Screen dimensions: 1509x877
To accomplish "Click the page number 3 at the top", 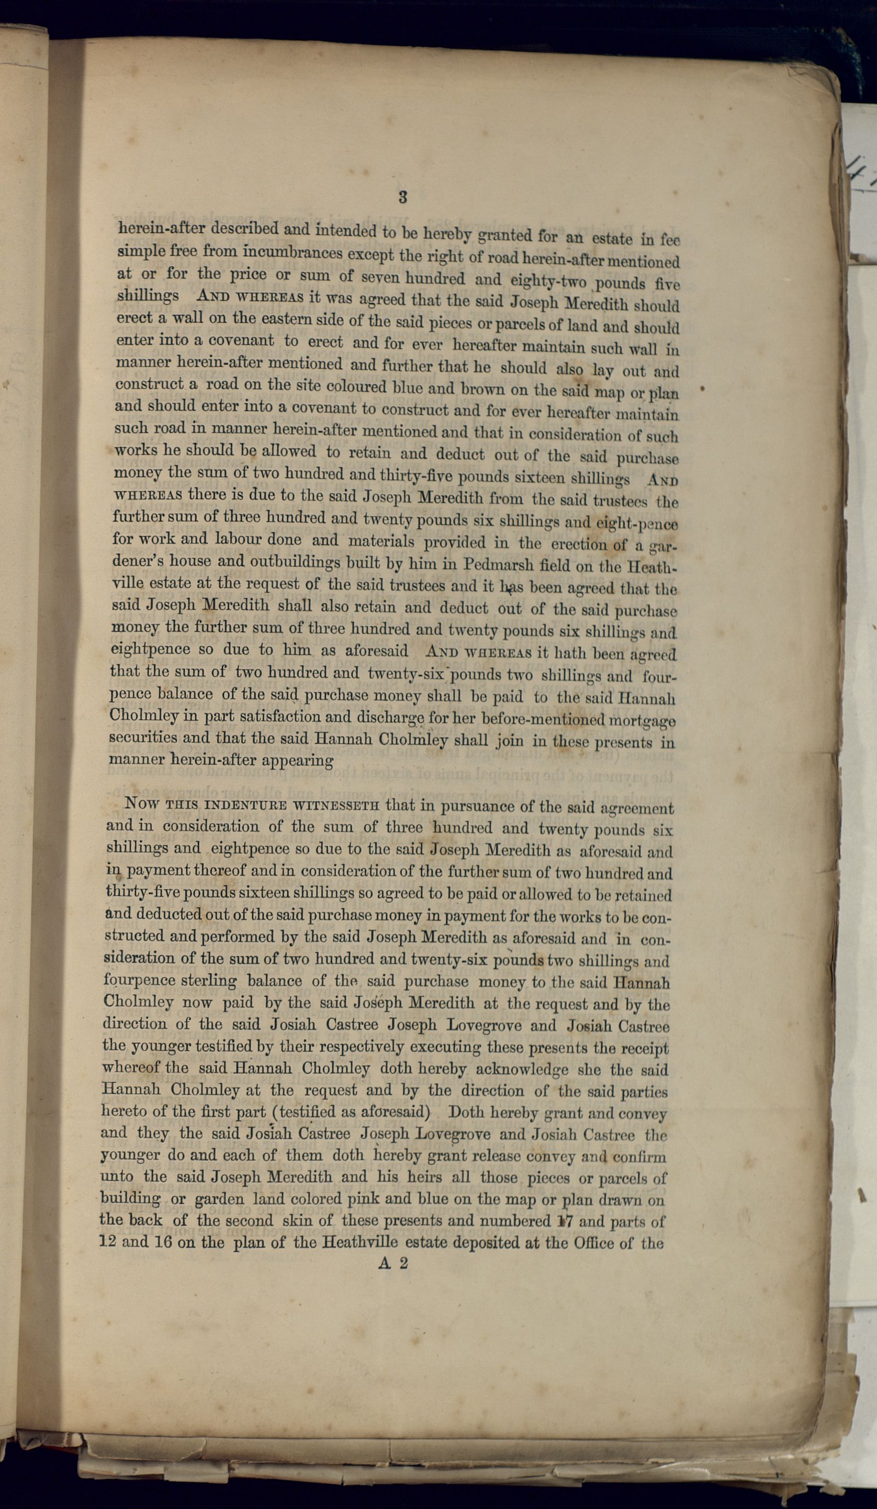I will click(x=402, y=197).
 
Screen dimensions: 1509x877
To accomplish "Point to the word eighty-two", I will click(x=547, y=280).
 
